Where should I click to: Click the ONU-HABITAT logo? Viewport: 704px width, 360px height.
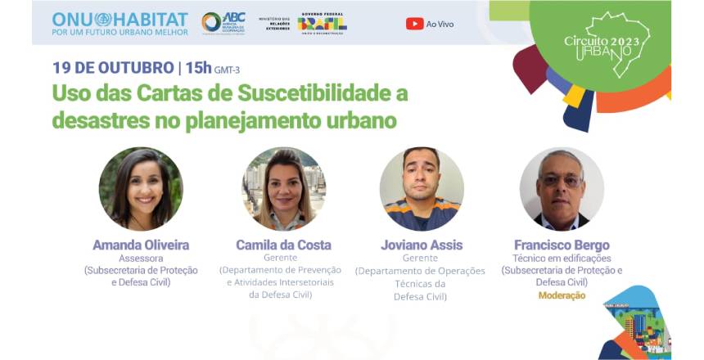[120, 23]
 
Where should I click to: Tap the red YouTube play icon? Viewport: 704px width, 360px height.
[414, 24]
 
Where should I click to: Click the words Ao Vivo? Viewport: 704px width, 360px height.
[440, 24]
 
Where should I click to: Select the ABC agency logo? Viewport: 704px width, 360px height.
[223, 22]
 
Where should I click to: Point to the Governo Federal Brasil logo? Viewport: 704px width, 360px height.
[322, 23]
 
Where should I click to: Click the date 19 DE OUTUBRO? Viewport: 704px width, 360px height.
[111, 67]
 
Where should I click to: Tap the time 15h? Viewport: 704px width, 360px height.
[197, 67]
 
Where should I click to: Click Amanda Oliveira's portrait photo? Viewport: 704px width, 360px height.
[141, 189]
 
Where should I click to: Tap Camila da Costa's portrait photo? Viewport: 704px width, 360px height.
[284, 189]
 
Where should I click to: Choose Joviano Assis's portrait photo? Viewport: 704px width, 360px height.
[422, 189]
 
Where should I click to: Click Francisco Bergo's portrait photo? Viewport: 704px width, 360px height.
[562, 189]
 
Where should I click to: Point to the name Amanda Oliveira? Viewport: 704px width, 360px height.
[141, 245]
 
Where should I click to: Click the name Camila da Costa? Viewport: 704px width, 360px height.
[283, 245]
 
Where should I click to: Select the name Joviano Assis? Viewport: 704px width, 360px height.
[422, 245]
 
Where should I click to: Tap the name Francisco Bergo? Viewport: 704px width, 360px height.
[562, 245]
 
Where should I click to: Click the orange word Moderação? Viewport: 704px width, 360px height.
[562, 295]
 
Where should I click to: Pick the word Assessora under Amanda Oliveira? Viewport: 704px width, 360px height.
[141, 258]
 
